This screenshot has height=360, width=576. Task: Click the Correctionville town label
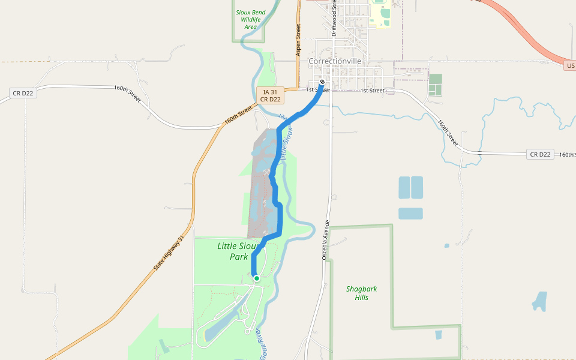click(335, 61)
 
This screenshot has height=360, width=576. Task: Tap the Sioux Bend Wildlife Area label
click(250, 19)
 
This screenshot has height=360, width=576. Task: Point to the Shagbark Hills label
click(362, 293)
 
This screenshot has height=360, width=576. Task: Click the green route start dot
click(257, 278)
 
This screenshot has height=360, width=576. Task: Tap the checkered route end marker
click(322, 82)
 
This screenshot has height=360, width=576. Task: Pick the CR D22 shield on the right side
click(540, 154)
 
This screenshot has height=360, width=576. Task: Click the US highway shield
click(570, 65)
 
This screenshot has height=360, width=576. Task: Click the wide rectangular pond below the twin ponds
click(410, 214)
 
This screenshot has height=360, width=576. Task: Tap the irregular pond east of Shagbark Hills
click(541, 301)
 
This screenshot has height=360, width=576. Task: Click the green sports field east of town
click(436, 85)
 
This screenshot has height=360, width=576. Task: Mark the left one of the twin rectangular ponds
click(404, 187)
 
